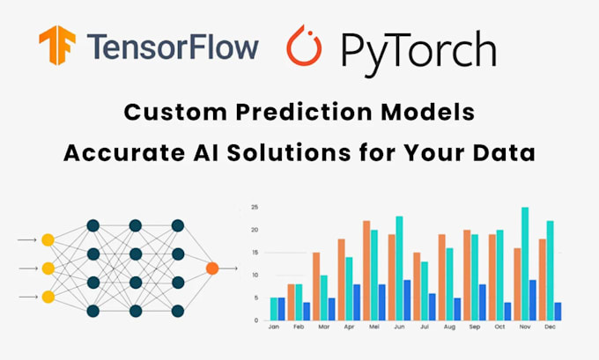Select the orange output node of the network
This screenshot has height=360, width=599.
[x=211, y=268]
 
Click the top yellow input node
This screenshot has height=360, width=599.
[x=48, y=239]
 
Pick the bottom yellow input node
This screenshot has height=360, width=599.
[x=48, y=297]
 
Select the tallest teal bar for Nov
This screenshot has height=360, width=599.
[x=525, y=263]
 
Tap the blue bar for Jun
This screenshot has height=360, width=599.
[x=406, y=299]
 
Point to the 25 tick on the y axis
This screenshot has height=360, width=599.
[x=254, y=208]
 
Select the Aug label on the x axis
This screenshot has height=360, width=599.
[x=449, y=327]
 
